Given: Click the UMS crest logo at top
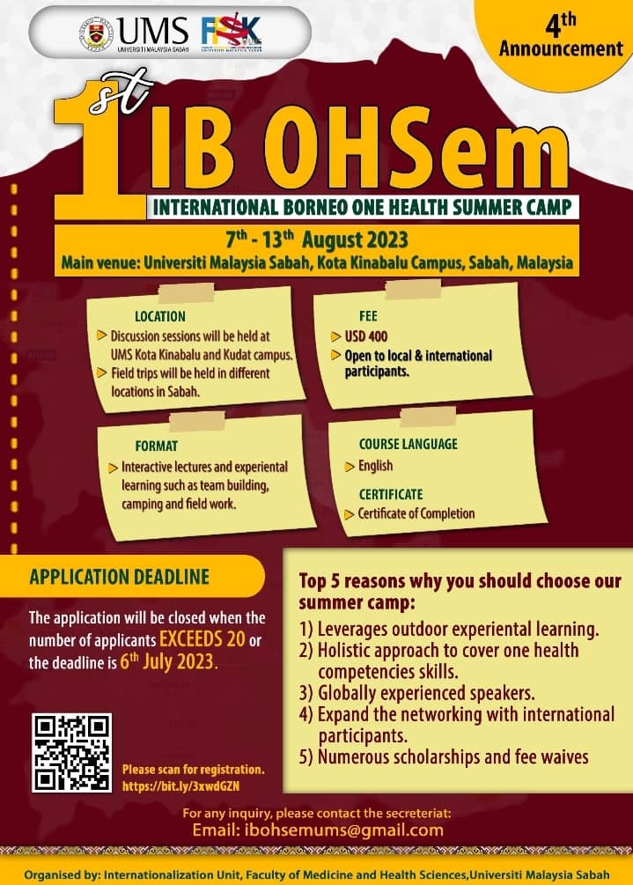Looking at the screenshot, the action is (x=95, y=33).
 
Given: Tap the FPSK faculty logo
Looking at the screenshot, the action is (x=232, y=33).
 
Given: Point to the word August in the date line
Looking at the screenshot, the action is (x=332, y=240).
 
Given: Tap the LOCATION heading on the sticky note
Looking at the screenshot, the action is (x=159, y=316).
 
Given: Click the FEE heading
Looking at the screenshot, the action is (x=368, y=315).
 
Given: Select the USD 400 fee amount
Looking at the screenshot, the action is (x=366, y=336).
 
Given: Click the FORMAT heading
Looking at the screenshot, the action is (x=157, y=446).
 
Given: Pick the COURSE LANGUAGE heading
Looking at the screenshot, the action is (x=409, y=444).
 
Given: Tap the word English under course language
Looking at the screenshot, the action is (x=376, y=466).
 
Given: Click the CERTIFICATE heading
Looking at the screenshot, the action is (x=391, y=494).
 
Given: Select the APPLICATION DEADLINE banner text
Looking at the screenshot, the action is (x=120, y=577).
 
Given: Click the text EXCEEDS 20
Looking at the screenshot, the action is (x=202, y=639).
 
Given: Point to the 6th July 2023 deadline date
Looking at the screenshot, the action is (x=169, y=661).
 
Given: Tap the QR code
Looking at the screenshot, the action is (x=71, y=753).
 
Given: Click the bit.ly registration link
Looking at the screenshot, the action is (x=181, y=785).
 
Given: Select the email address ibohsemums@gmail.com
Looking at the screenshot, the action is (x=344, y=830).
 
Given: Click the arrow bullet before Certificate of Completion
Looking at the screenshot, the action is (x=350, y=514).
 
